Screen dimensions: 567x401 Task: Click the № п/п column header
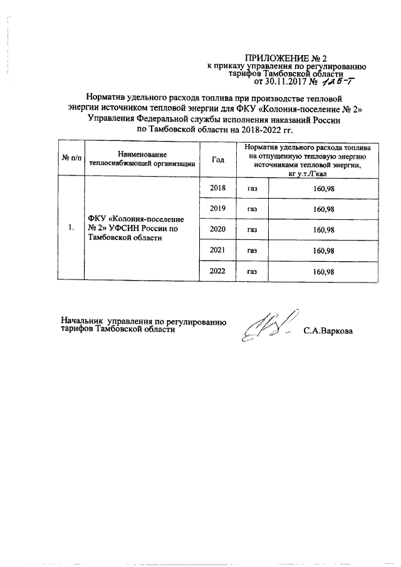[71, 159]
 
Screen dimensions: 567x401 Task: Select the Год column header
[218, 160]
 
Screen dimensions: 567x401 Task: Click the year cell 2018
[218, 188]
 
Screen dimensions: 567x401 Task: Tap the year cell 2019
[218, 208]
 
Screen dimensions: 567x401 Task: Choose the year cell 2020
[218, 229]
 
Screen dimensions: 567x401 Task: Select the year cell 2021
[218, 249]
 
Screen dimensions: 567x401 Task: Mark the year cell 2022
[218, 271]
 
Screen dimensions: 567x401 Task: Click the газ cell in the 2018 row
[253, 189]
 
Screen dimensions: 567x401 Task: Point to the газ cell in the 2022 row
[253, 271]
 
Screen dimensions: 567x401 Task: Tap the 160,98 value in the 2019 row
[322, 209]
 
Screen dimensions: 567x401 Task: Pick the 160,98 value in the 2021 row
[322, 250]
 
